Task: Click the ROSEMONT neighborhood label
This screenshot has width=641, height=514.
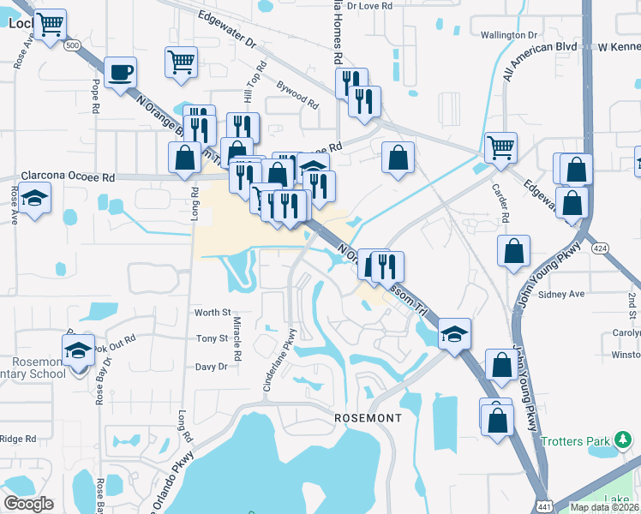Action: point(367,417)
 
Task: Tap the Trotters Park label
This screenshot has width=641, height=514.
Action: point(574,441)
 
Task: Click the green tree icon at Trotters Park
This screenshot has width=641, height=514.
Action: point(624,441)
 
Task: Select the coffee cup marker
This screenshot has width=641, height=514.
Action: point(121,72)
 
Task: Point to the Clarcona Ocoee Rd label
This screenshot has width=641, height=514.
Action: point(68,177)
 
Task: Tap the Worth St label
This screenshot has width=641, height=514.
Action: point(213,313)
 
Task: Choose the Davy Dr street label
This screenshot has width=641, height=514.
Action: point(211,366)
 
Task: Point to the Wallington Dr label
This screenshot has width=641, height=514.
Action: point(508,35)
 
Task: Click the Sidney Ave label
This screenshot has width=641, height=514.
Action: point(561,294)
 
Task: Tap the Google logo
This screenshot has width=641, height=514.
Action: point(28,504)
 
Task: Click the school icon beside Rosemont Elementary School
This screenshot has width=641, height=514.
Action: point(78,350)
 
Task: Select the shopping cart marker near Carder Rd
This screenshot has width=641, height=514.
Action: point(500,146)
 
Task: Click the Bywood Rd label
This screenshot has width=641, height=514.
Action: point(298,94)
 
